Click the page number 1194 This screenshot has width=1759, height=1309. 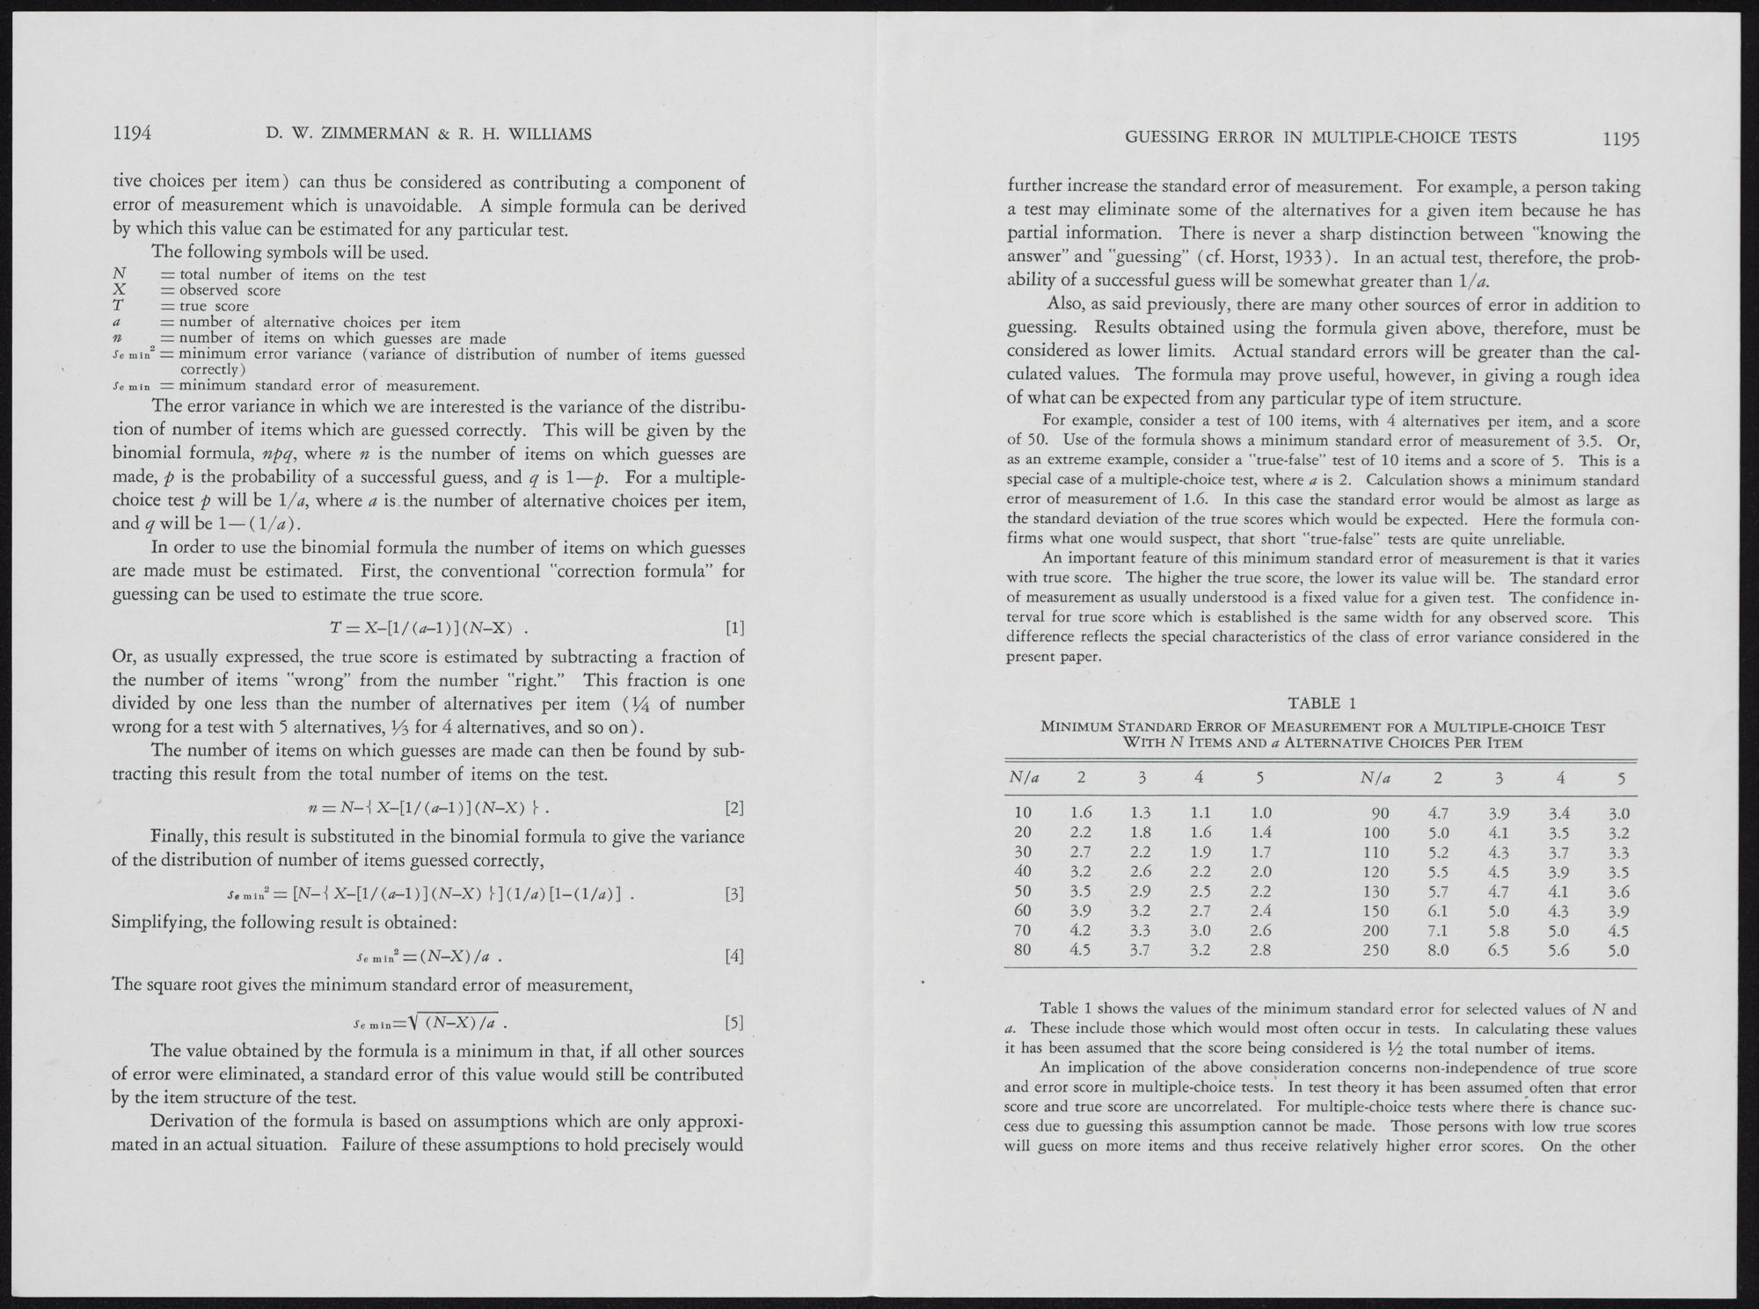[133, 134]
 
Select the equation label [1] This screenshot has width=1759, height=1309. [734, 628]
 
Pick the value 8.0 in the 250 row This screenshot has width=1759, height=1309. [1439, 950]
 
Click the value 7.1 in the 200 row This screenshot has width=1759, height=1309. [1439, 930]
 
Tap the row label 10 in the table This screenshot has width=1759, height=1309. [1023, 813]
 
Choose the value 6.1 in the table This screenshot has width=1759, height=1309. [1439, 911]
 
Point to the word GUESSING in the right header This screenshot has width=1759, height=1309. [1164, 137]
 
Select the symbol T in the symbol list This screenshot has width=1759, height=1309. [120, 306]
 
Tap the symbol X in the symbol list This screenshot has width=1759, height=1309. [120, 290]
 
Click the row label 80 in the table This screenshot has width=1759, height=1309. [1023, 950]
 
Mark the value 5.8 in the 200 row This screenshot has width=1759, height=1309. [1499, 930]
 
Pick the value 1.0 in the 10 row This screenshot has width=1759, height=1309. [1260, 813]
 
